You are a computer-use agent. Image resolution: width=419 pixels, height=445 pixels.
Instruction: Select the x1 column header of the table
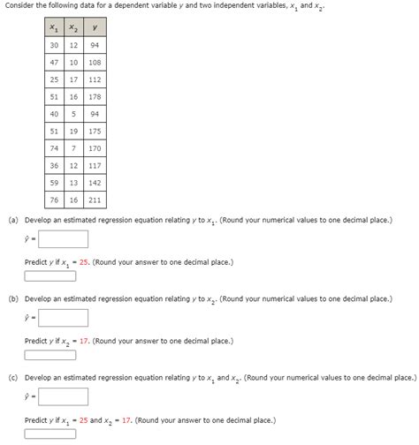[x=55, y=28]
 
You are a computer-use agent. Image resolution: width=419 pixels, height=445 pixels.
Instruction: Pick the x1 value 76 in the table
[x=55, y=199]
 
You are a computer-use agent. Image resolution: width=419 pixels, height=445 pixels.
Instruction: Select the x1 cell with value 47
[x=55, y=63]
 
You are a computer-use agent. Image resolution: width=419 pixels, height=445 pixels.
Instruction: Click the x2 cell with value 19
[x=73, y=131]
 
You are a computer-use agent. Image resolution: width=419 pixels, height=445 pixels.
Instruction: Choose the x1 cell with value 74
[x=55, y=148]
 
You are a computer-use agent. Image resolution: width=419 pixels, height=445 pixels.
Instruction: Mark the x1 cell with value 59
[x=55, y=182]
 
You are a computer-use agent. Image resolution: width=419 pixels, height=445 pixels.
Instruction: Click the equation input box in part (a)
[x=63, y=238]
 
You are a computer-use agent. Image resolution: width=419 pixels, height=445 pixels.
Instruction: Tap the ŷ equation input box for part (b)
[x=63, y=319]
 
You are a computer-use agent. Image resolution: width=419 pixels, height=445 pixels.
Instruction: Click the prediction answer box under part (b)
[x=56, y=356]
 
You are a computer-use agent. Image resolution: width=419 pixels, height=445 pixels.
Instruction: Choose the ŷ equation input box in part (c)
[x=63, y=397]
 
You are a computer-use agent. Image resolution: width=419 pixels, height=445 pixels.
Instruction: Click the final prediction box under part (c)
[x=56, y=434]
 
